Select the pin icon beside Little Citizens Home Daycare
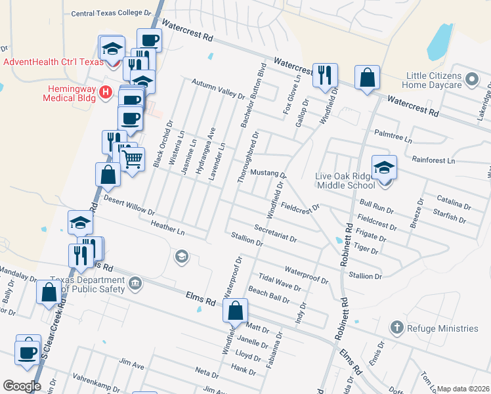click(471, 80)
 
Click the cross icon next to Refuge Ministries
click(396, 327)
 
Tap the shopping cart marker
click(133, 158)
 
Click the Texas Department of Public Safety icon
click(135, 284)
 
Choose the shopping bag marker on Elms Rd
click(235, 311)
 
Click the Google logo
click(22, 386)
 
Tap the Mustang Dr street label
click(269, 173)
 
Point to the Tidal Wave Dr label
click(280, 283)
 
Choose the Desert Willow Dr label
click(129, 206)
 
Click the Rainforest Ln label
click(433, 160)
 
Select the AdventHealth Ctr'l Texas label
click(54, 62)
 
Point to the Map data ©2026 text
click(462, 389)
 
